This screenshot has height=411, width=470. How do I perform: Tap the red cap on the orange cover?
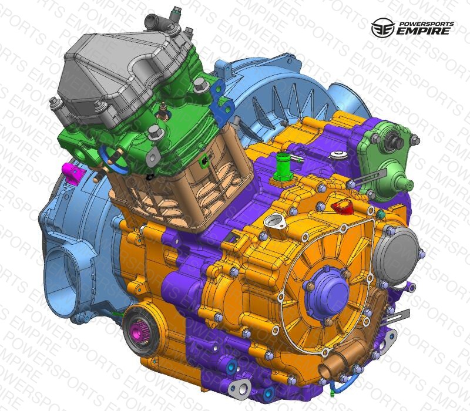coord(343,206)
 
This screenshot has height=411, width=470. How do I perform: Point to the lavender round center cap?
coord(326,293)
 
